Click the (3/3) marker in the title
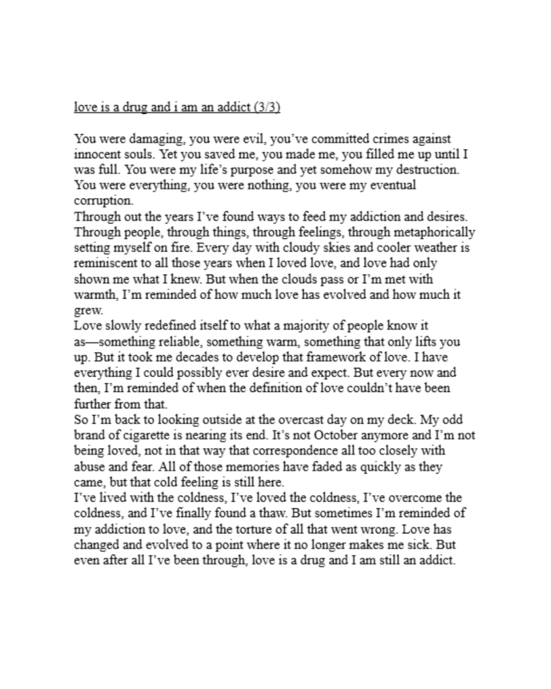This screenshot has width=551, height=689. click(277, 108)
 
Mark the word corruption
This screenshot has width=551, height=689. click(104, 199)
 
